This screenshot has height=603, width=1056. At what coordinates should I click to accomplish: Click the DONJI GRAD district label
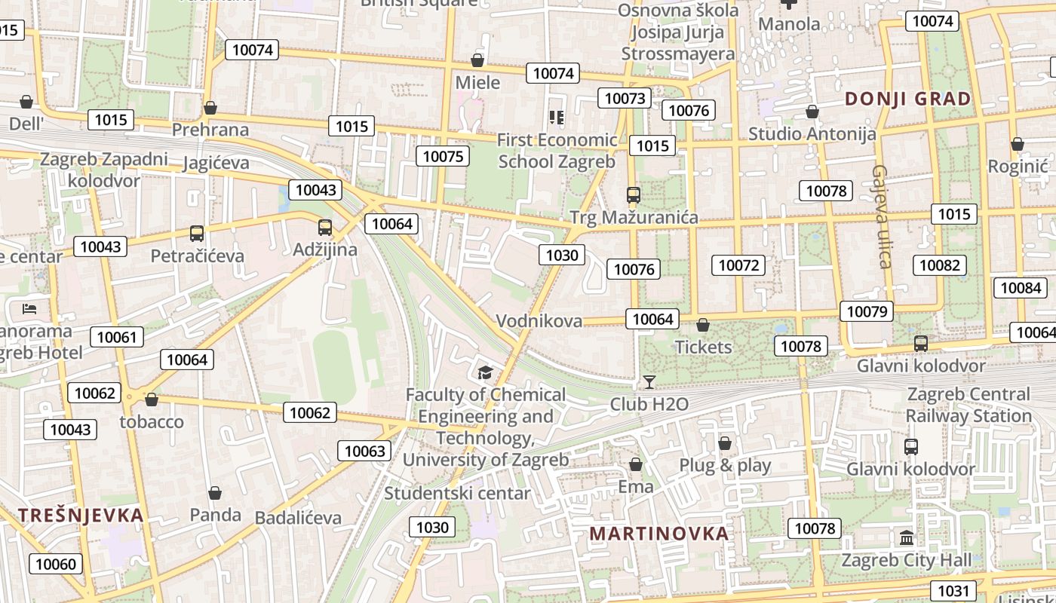tap(907, 99)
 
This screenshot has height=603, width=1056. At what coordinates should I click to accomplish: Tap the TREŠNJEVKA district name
tap(81, 516)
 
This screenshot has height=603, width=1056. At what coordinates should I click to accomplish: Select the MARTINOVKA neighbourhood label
tap(659, 534)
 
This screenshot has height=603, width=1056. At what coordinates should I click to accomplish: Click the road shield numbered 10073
tap(625, 98)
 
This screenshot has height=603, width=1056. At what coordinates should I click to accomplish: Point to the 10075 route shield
tap(443, 156)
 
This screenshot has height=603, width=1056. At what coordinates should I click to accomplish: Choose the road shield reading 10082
tap(940, 265)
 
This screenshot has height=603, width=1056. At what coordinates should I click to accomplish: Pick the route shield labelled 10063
tap(364, 451)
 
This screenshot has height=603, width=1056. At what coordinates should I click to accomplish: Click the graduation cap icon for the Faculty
tap(485, 372)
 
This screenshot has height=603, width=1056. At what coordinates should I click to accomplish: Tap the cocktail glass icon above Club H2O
tap(649, 382)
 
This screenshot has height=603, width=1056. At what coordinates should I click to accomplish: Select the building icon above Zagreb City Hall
tap(907, 538)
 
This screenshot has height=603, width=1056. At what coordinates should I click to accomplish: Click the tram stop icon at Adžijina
tap(325, 227)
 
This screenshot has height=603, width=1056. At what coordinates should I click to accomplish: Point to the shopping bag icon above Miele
tap(477, 60)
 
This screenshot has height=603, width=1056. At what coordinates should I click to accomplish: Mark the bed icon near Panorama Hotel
tap(29, 308)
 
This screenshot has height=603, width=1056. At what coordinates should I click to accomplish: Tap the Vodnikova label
tap(539, 320)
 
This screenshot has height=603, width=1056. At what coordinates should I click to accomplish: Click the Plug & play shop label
tap(725, 465)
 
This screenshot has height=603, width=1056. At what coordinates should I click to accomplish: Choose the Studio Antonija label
tap(812, 133)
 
